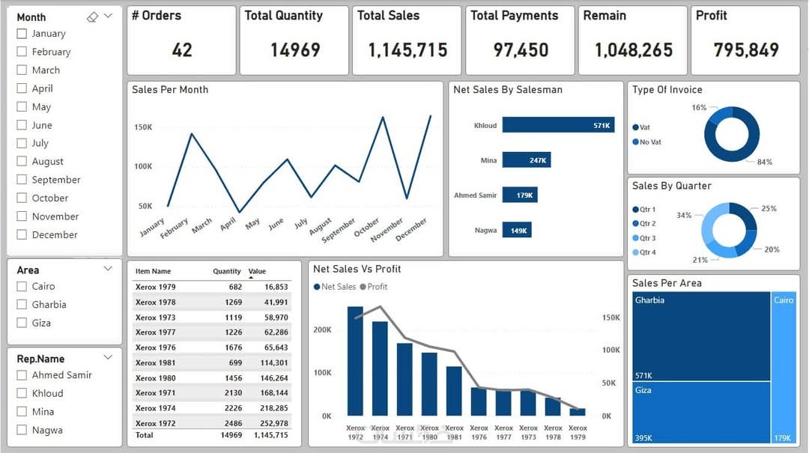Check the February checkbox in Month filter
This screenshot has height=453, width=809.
tap(22, 52)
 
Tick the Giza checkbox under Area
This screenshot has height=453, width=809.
tap(22, 323)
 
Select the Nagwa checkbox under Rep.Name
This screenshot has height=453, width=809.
tap(22, 431)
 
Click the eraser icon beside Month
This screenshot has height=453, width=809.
tap(92, 17)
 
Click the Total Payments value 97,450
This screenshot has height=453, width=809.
tap(521, 50)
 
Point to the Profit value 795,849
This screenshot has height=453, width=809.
tap(746, 50)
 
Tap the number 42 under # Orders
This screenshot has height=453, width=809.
tap(182, 50)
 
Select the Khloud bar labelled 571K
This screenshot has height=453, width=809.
tap(558, 125)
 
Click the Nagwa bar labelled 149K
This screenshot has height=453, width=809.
tap(516, 231)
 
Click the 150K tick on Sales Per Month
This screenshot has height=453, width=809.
tap(143, 127)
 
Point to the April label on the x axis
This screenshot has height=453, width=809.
tap(229, 222)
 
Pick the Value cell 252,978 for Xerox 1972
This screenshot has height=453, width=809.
tap(273, 424)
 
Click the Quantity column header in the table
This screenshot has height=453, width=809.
tap(227, 271)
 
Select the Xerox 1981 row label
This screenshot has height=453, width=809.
tap(156, 363)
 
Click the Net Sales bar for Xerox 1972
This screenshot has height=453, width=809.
tap(355, 361)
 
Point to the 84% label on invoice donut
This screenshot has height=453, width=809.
tap(764, 162)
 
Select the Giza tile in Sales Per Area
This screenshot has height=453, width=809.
tap(701, 411)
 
